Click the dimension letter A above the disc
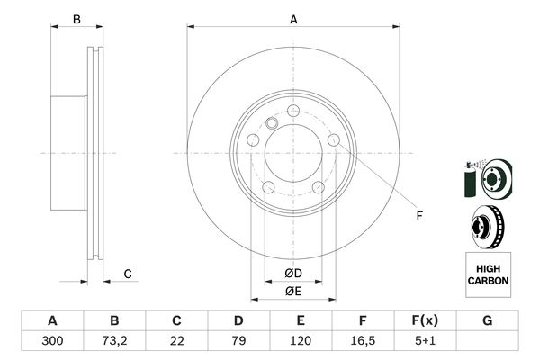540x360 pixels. click(293, 19)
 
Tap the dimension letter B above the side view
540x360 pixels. click(76, 19)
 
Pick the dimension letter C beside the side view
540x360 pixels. click(129, 274)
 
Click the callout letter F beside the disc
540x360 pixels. click(418, 215)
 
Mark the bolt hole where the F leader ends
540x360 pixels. click(334, 141)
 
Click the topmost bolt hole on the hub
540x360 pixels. click(293, 111)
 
